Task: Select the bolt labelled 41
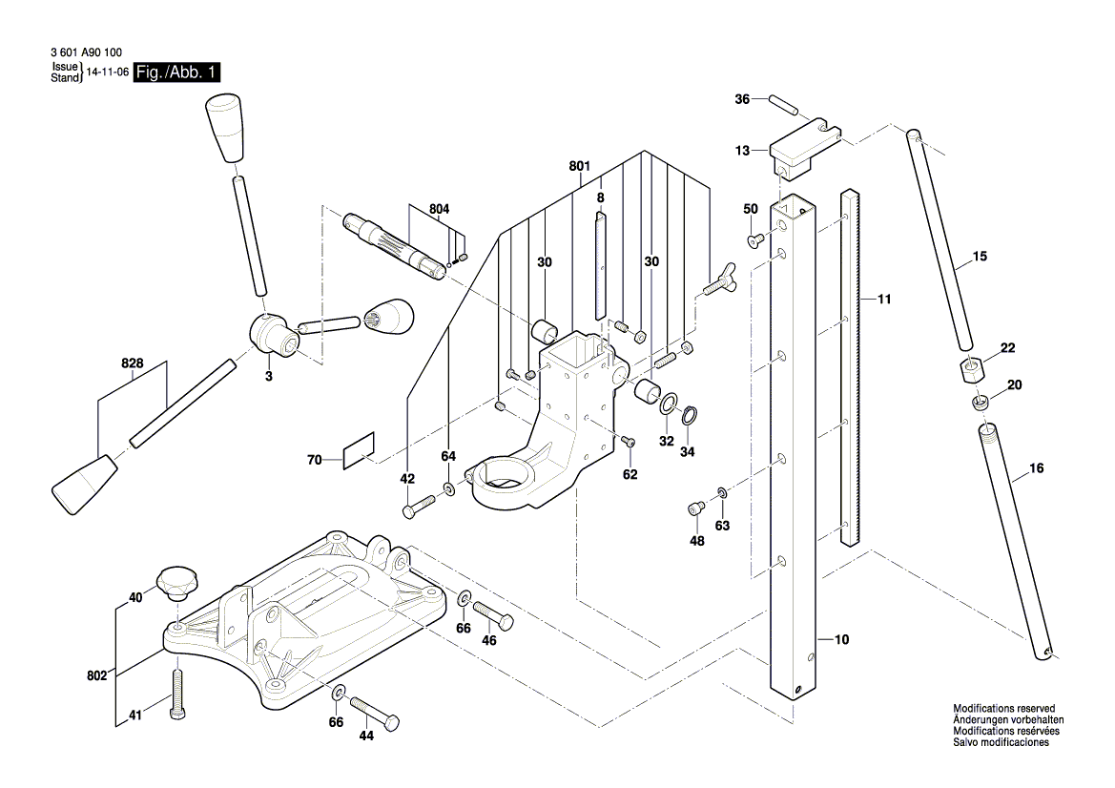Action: pos(176,695)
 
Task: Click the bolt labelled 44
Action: pos(376,713)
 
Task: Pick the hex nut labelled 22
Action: pos(970,367)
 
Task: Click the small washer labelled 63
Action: pos(722,493)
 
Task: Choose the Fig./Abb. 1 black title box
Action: pos(177,73)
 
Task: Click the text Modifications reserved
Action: pos(1007,709)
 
